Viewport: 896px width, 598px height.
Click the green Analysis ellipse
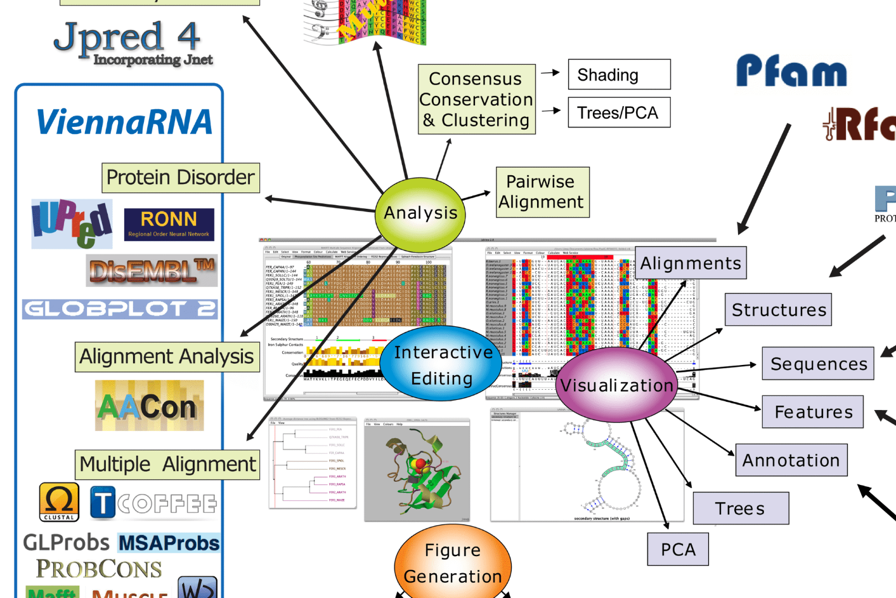[x=420, y=214]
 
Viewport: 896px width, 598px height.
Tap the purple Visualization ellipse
[x=616, y=385]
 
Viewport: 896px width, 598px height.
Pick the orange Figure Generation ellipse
[x=453, y=562]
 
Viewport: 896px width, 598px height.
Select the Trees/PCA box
[x=619, y=113]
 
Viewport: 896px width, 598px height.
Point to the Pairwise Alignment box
[x=542, y=192]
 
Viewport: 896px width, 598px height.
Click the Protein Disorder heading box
[x=181, y=178]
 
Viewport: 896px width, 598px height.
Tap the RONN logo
[x=169, y=224]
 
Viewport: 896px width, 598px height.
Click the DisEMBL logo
[x=152, y=271]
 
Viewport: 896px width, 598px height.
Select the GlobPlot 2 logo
[x=120, y=309]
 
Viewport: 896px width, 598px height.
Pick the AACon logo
[x=150, y=406]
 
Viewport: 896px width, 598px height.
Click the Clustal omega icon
[x=59, y=502]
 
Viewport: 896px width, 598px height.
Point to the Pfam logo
[x=791, y=71]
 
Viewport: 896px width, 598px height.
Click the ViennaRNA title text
[x=124, y=123]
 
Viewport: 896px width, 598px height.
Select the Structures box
[x=778, y=310]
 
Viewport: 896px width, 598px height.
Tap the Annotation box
[x=791, y=460]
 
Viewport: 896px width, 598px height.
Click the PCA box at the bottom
[x=678, y=550]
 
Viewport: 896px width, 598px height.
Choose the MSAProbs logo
[x=169, y=543]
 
